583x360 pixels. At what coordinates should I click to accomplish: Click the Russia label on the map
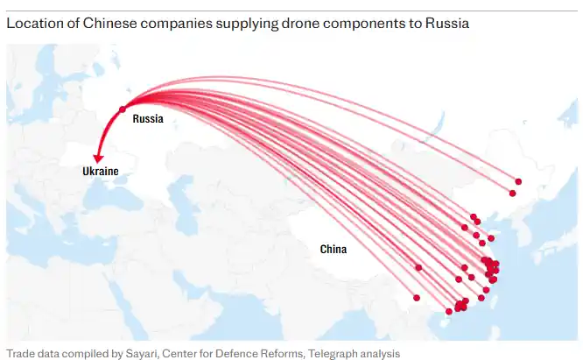point(148,118)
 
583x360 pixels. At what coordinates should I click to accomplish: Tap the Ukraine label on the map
point(100,172)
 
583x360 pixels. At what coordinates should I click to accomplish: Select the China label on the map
point(333,250)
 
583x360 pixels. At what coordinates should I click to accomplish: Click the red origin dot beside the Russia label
point(122,109)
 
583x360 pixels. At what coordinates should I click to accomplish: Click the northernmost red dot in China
point(518,181)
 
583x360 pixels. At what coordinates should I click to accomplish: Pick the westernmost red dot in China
point(418,267)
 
